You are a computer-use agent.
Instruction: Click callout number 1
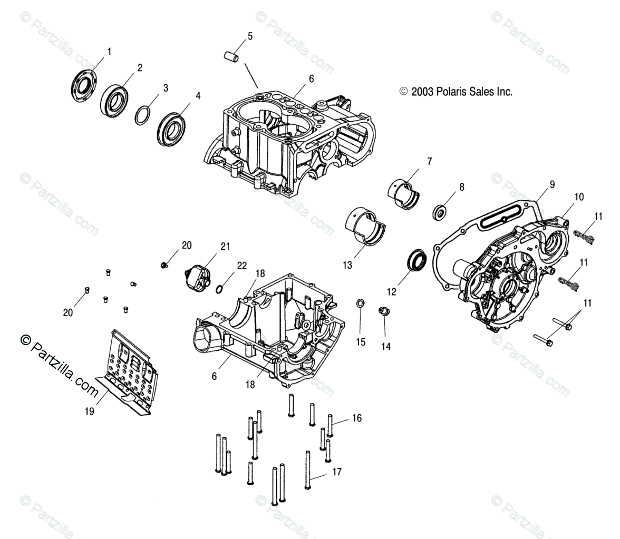tap(110, 52)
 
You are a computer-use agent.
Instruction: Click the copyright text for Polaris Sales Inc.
tap(456, 92)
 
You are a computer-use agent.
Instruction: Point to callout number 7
tap(429, 162)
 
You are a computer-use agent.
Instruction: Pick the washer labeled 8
tap(439, 212)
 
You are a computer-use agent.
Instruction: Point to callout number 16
tap(357, 418)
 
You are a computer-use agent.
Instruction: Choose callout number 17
tap(336, 473)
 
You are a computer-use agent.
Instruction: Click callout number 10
tap(579, 197)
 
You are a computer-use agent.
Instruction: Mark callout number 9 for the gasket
tap(551, 184)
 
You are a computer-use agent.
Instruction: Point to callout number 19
tap(90, 411)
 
